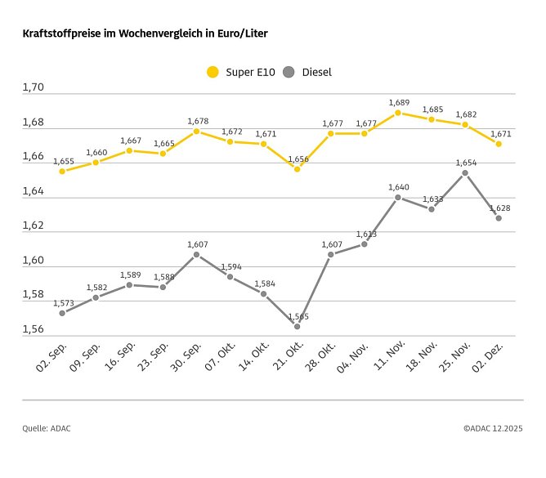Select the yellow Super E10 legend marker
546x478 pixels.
point(213,72)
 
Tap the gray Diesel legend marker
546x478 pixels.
point(288,72)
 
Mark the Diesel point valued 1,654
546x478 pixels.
point(465,172)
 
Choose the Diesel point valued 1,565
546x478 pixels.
point(298,326)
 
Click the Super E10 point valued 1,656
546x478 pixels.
point(298,169)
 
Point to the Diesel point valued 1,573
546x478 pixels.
point(62,313)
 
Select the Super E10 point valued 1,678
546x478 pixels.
point(197,132)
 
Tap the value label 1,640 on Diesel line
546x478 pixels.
point(398,187)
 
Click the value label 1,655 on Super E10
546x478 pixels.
point(64,162)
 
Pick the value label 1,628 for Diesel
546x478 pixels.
point(499,208)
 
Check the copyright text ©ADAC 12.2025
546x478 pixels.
point(493,427)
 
